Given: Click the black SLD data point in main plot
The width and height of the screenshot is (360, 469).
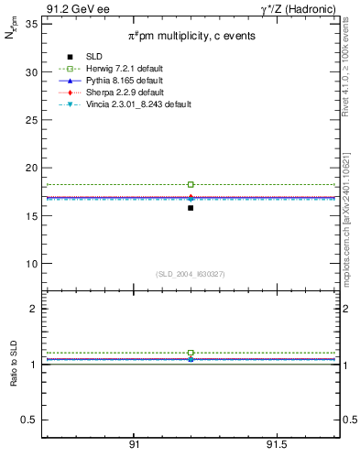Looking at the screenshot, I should [x=191, y=208].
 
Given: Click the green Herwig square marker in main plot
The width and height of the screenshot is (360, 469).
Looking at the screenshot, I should [x=191, y=184].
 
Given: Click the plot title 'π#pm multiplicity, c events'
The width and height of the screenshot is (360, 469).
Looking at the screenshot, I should [x=191, y=36].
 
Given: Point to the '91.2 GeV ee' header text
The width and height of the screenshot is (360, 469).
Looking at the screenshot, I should [x=71, y=8].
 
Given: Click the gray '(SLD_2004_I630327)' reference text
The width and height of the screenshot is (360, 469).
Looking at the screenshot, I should [x=191, y=274].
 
